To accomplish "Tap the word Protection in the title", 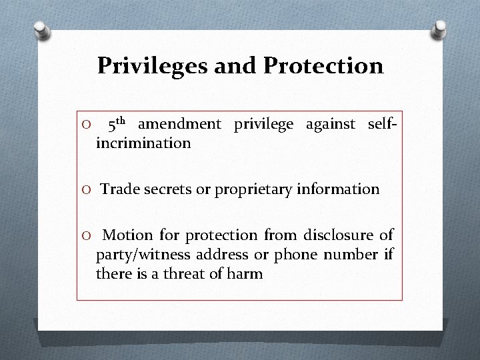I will point(324,66).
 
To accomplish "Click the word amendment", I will point(180,124).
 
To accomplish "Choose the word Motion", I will point(129,235).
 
